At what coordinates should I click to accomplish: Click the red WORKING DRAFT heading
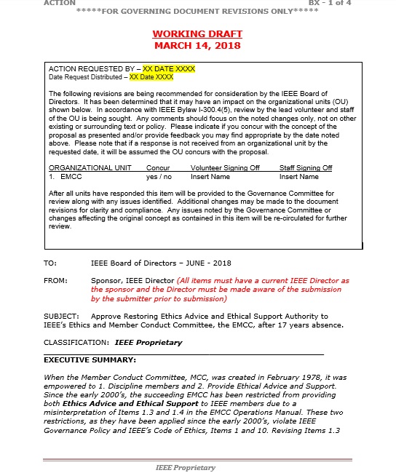[x=197, y=34]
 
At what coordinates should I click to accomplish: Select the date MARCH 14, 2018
[x=197, y=45]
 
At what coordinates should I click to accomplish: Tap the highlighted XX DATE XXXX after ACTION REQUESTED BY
[x=169, y=68]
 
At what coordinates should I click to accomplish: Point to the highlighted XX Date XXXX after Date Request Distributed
[x=151, y=76]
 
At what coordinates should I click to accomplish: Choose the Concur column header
[x=158, y=168]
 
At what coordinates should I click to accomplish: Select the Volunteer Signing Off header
[x=225, y=168]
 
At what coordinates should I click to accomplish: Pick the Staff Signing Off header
[x=306, y=168]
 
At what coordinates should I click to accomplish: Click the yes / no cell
[x=159, y=176]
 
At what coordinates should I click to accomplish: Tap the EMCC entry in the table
[x=71, y=176]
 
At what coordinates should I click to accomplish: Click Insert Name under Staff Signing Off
[x=298, y=176]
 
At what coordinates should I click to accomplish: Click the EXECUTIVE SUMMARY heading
[x=90, y=359]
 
